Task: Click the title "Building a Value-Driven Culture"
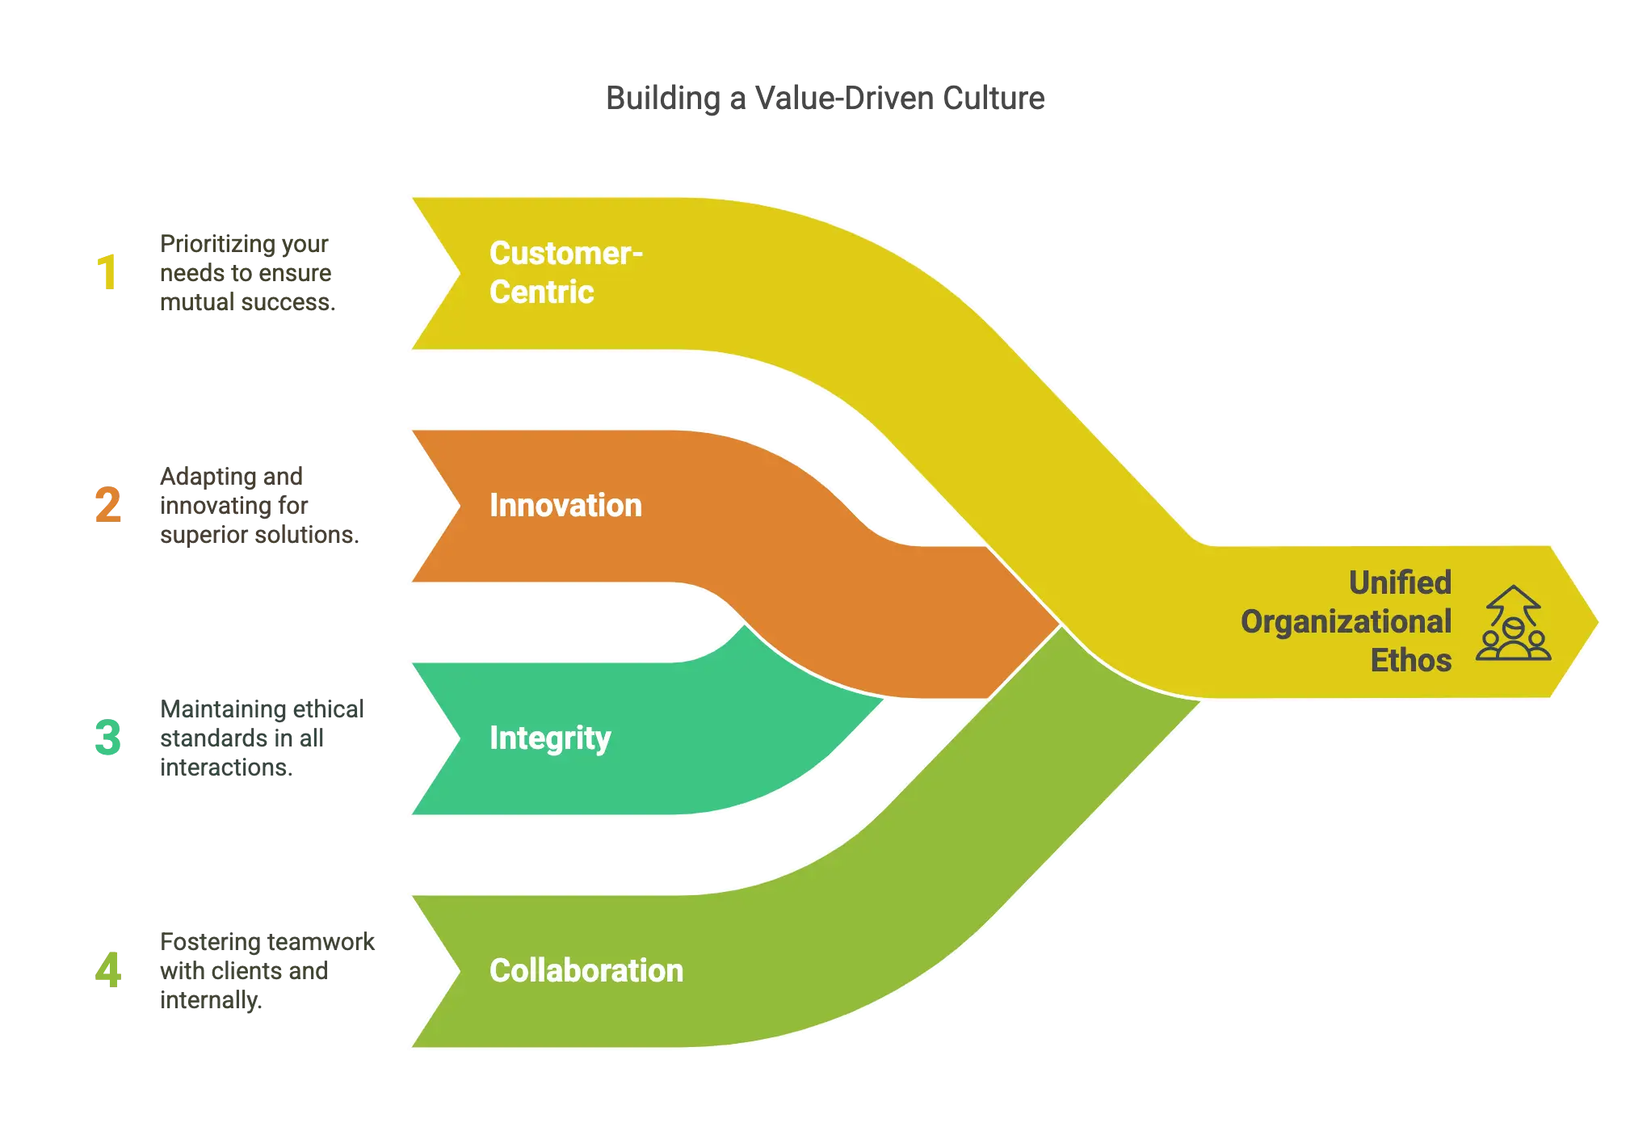[825, 99]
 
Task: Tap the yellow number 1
[107, 272]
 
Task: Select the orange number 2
[108, 505]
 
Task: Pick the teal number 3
[108, 738]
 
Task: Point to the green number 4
[108, 970]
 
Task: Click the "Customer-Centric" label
[565, 272]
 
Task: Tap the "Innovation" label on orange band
[565, 505]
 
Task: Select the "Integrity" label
[550, 738]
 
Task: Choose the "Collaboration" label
[586, 970]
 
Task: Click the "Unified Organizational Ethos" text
[1346, 621]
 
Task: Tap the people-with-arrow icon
[1513, 623]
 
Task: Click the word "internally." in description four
[211, 1000]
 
